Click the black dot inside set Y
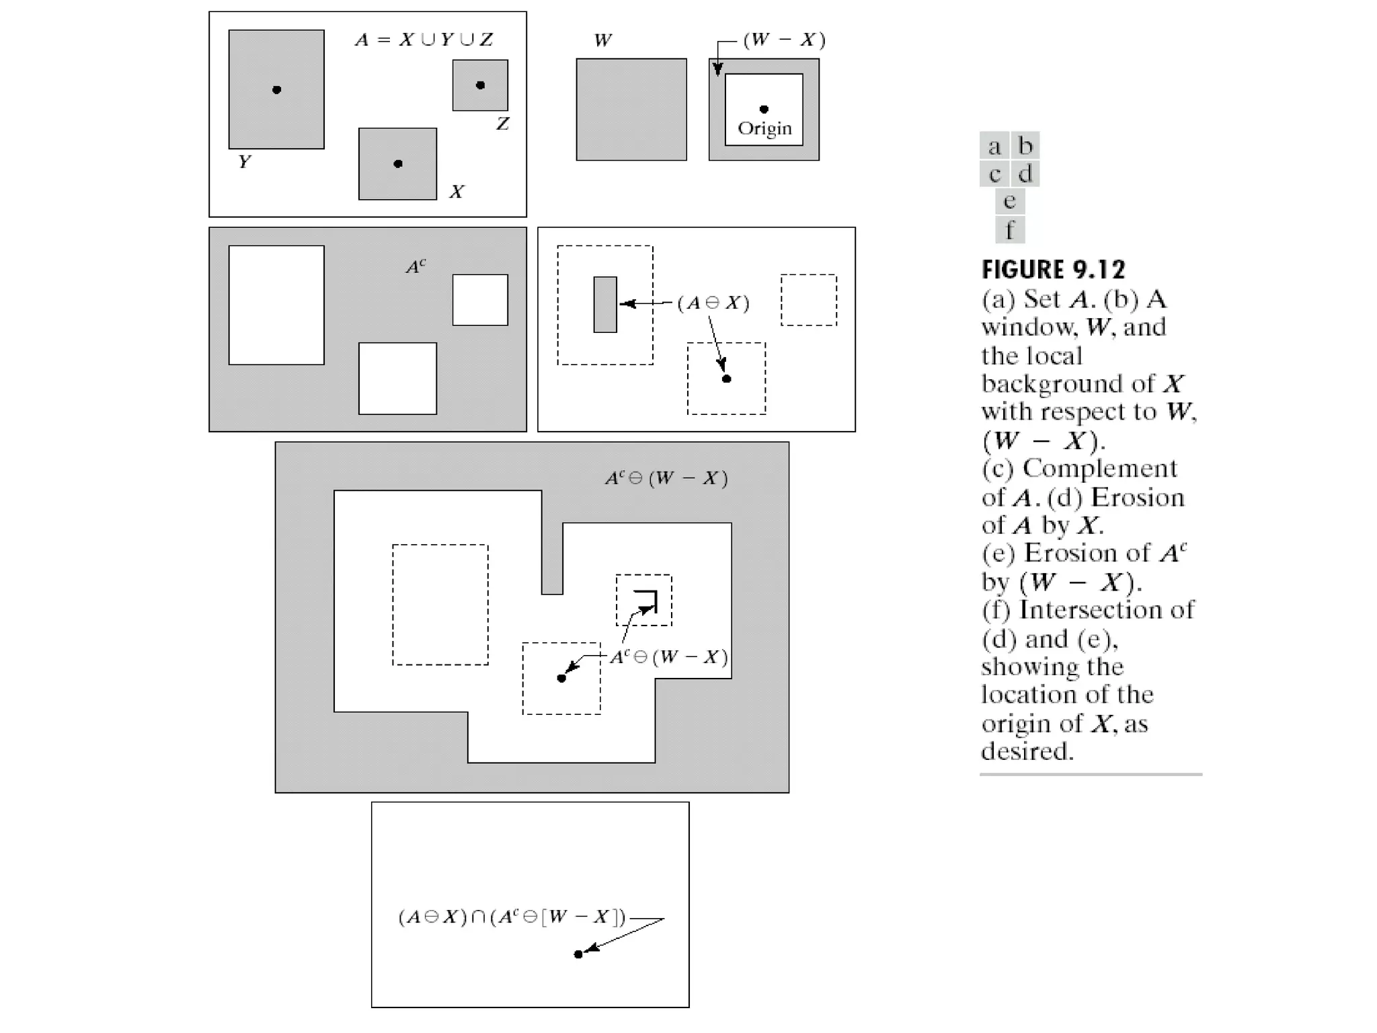[x=276, y=89]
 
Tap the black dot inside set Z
[x=480, y=85]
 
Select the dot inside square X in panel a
[x=398, y=163]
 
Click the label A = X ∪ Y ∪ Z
[x=424, y=40]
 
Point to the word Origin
[x=764, y=128]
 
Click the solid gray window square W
[x=631, y=109]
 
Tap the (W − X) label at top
[x=784, y=40]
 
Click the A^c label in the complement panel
[x=416, y=267]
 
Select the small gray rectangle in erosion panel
[x=605, y=304]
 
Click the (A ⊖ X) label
[x=713, y=303]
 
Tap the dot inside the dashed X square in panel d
[x=726, y=379]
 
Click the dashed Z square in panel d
[x=809, y=300]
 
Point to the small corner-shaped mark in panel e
[x=647, y=599]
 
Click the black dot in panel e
[x=561, y=678]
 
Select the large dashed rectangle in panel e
[x=440, y=605]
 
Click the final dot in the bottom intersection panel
[x=578, y=954]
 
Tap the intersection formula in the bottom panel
[x=512, y=917]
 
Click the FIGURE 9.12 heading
[x=1053, y=270]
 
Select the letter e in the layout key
[x=1009, y=201]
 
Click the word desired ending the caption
[x=1026, y=751]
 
